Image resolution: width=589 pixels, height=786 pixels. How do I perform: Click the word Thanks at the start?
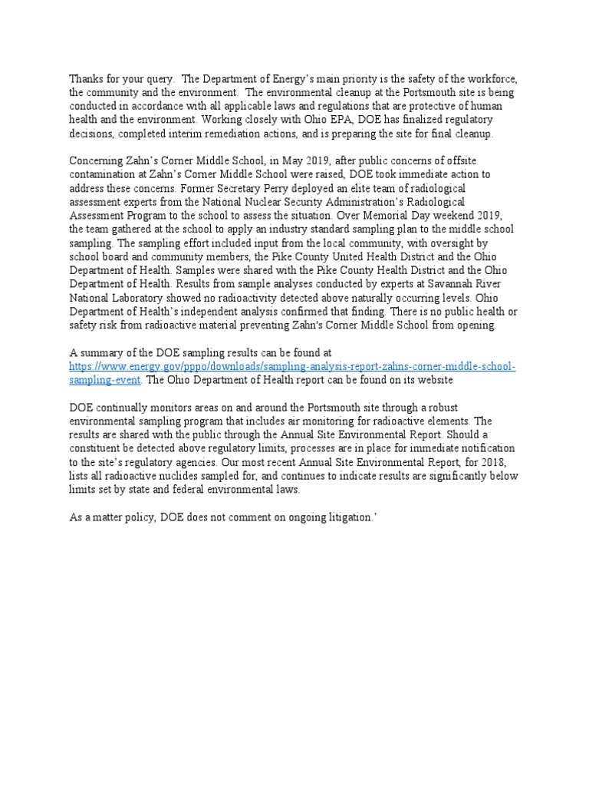(x=85, y=79)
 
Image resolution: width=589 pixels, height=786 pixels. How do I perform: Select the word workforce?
(x=492, y=79)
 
